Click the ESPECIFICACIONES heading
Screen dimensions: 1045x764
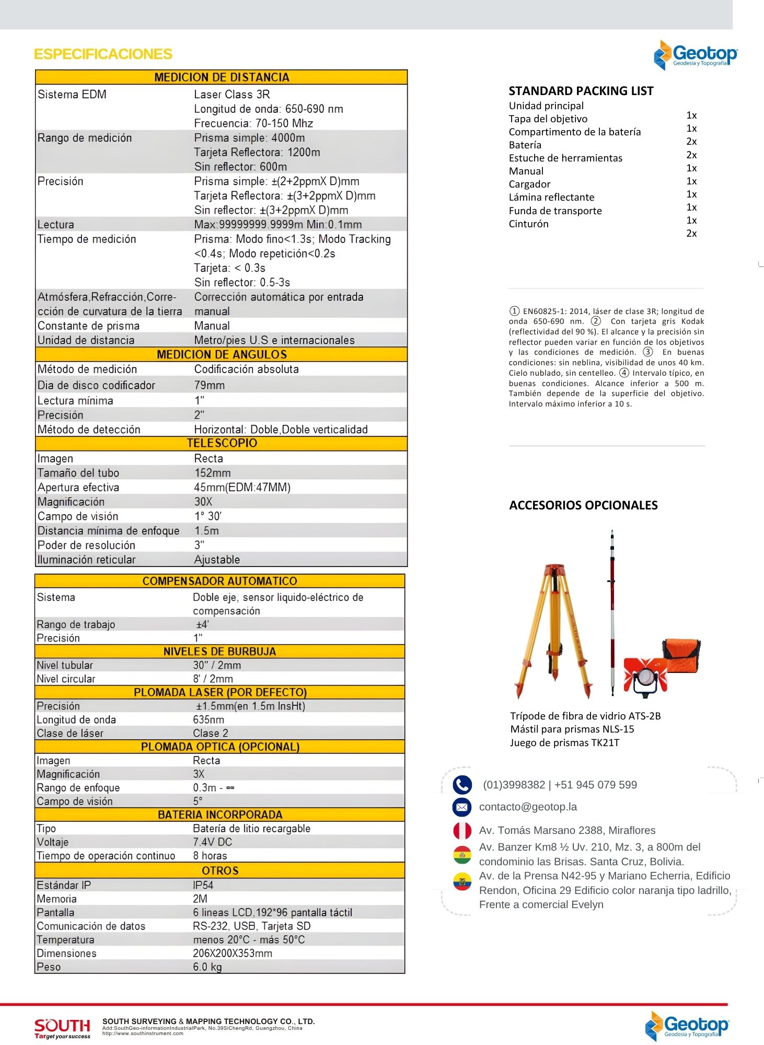point(103,54)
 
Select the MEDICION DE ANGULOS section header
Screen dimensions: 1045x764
point(222,355)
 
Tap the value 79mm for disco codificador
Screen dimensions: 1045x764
point(210,386)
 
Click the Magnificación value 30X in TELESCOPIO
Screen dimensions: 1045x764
point(203,502)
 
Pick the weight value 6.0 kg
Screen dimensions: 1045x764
point(207,967)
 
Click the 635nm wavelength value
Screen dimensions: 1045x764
point(209,720)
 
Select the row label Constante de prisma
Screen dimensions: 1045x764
point(88,326)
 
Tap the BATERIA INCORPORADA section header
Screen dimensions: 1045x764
point(220,815)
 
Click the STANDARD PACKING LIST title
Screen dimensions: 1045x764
point(581,91)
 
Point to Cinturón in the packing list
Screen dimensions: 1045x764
point(529,224)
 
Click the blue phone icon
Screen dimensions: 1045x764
point(462,785)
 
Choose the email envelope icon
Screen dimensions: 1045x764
point(462,807)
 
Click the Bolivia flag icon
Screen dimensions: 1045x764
point(462,855)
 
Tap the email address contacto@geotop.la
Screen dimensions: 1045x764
point(528,807)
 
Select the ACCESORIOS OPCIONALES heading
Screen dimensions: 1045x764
point(583,506)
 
